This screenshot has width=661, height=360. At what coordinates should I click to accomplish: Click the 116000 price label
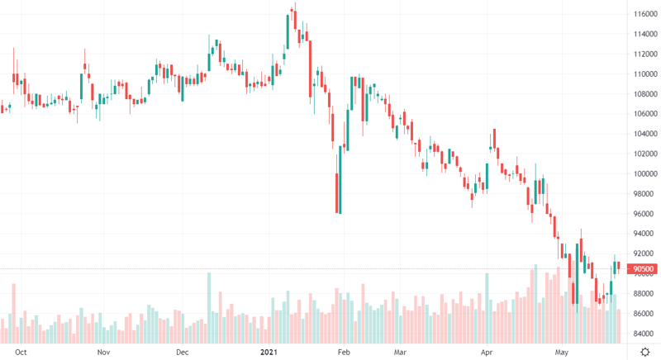(645, 14)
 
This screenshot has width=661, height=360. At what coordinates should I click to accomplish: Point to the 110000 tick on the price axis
(645, 73)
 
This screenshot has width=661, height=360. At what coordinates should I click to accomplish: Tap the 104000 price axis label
(645, 134)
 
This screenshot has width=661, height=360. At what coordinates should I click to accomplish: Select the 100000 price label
(645, 173)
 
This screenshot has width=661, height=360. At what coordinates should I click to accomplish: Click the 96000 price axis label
(645, 214)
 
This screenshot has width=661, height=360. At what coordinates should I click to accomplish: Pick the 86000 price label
(645, 314)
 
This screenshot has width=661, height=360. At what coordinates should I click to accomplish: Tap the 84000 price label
(645, 334)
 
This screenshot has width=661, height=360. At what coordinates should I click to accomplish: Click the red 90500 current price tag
(642, 268)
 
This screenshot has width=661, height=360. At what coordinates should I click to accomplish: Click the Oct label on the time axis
(21, 352)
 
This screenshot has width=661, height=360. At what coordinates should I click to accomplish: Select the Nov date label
(103, 352)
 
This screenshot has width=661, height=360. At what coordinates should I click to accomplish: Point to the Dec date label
(183, 352)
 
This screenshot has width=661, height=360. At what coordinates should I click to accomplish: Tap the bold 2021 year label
(269, 352)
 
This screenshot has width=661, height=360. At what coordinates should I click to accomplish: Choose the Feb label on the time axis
(345, 352)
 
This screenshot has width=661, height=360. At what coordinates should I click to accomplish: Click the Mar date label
(402, 352)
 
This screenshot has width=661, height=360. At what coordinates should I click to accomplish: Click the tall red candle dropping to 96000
(338, 193)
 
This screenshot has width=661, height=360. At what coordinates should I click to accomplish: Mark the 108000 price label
(645, 93)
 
